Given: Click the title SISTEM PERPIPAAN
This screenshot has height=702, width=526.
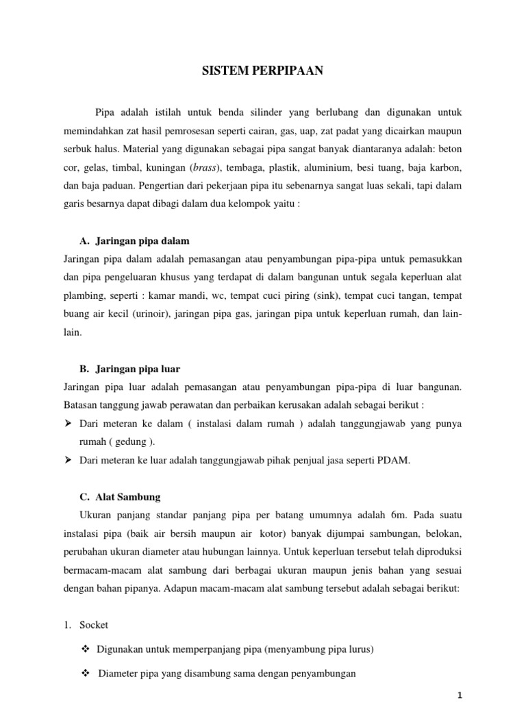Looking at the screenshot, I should coord(262,70).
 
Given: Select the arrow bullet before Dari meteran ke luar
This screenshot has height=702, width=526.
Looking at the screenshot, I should coord(68,461).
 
